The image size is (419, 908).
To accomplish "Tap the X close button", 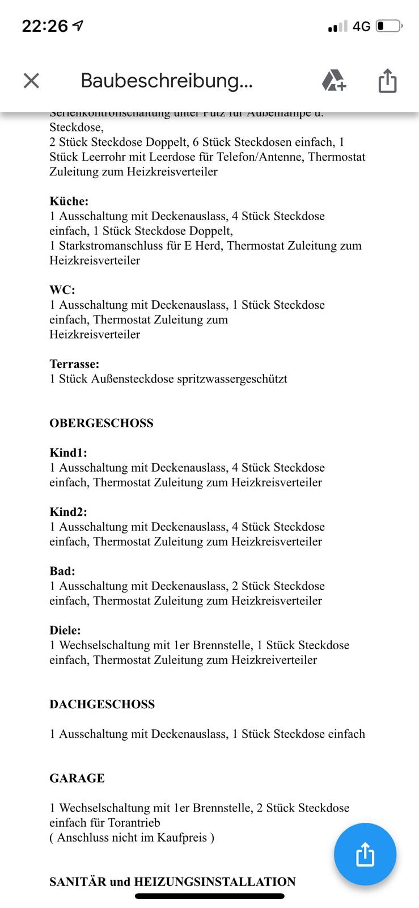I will coord(31,81).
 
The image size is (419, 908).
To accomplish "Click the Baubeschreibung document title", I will coord(166,81).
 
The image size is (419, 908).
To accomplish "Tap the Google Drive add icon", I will coord(333,81).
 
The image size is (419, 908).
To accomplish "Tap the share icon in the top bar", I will coord(387,80).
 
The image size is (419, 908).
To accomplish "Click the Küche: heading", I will coord(69,201).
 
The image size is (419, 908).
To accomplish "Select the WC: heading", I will coord(62,290).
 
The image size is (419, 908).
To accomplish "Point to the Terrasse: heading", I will coord(74,364).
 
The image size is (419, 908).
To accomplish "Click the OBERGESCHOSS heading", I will coord(101,423).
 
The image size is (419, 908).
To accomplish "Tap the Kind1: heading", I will coord(68,453).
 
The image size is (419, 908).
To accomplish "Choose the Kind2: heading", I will coord(68,512).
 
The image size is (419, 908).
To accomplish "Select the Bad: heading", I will coord(62,571).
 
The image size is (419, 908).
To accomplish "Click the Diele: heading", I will coord(65,630).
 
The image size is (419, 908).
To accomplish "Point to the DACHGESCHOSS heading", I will coord(101,704).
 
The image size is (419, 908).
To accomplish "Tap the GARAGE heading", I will coord(77,778).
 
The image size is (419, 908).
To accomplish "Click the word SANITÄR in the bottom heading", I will coord(77,882).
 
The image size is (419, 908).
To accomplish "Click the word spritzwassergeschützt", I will coord(232,379).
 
